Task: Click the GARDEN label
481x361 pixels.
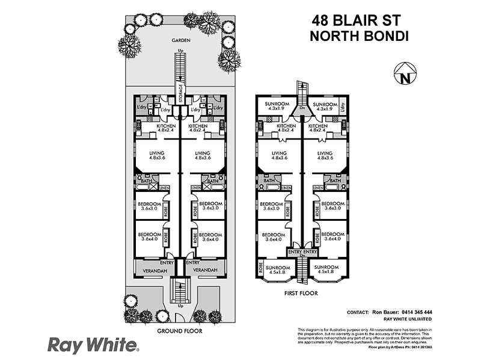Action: (180, 40)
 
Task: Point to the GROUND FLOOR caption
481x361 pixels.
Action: (180, 331)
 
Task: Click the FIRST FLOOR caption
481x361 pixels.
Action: (301, 294)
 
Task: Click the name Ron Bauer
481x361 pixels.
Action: (382, 312)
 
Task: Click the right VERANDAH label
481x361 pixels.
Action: (205, 271)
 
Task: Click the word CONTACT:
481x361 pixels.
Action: (358, 312)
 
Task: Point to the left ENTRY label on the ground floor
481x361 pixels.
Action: (167, 263)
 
